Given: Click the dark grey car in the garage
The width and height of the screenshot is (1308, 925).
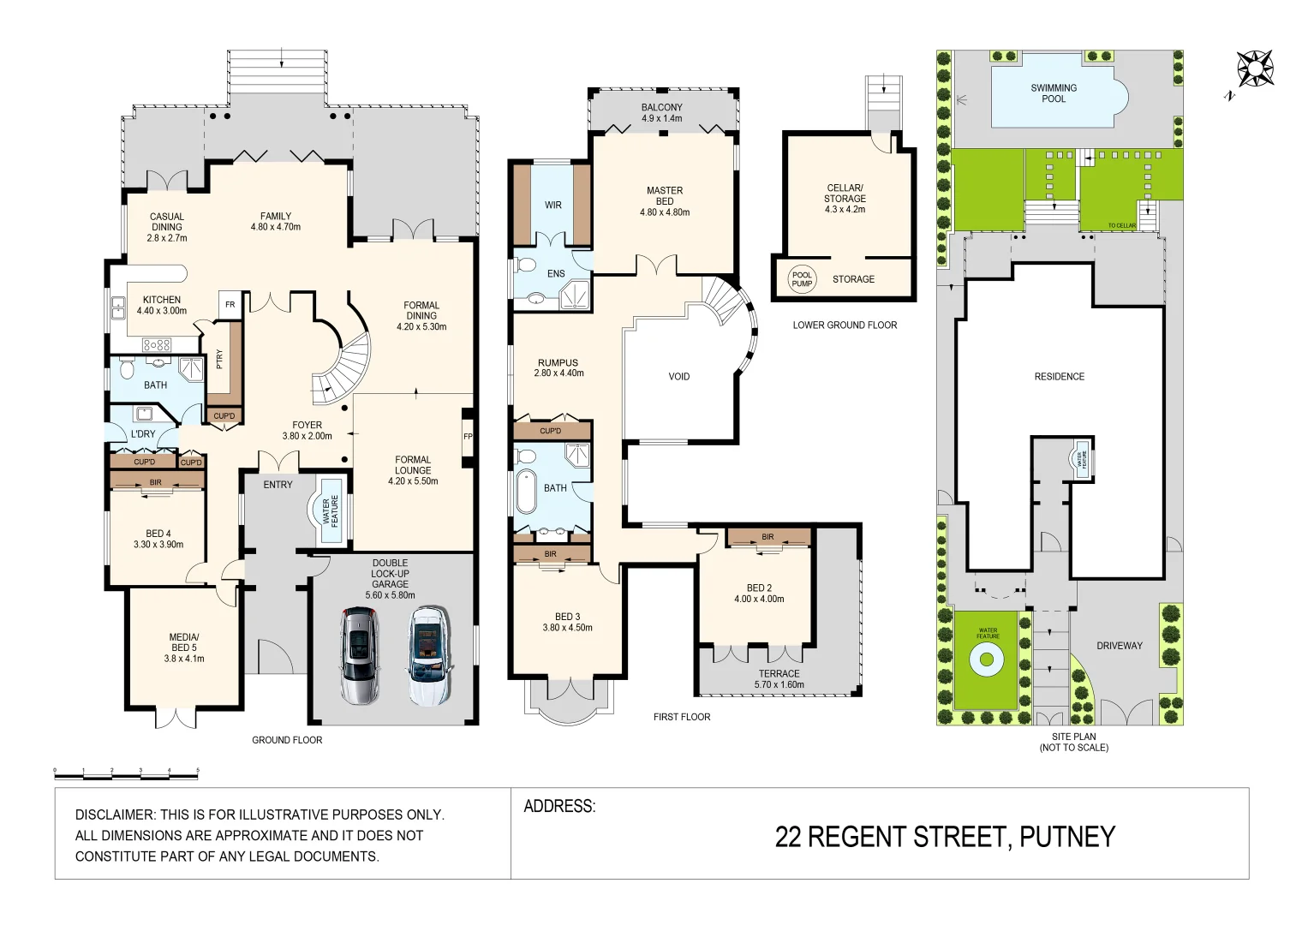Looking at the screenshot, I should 359,654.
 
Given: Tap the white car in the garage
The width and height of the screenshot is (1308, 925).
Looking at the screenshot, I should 427,654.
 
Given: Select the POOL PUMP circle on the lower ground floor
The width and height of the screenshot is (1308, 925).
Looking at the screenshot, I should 802,279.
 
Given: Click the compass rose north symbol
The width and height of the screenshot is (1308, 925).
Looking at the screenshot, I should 1254,68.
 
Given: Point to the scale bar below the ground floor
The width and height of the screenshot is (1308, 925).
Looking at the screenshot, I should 126,773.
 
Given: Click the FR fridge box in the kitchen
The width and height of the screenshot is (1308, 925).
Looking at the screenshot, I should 230,305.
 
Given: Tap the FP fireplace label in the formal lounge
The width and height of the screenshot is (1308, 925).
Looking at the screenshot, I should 468,437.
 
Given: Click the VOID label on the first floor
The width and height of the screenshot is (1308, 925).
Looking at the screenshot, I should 679,376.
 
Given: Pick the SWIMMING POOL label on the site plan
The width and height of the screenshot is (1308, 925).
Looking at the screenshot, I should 1054,93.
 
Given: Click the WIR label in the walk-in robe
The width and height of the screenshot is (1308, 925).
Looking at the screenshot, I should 553,205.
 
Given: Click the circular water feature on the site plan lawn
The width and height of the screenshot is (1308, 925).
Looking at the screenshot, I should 986,659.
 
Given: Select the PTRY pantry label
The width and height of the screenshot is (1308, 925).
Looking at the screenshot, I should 220,360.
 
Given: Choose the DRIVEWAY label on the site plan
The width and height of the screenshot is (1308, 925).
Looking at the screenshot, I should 1120,646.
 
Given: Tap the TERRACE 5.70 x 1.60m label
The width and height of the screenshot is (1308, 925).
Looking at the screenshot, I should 779,679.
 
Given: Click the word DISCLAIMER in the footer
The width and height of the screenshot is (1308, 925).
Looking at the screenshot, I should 114,815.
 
